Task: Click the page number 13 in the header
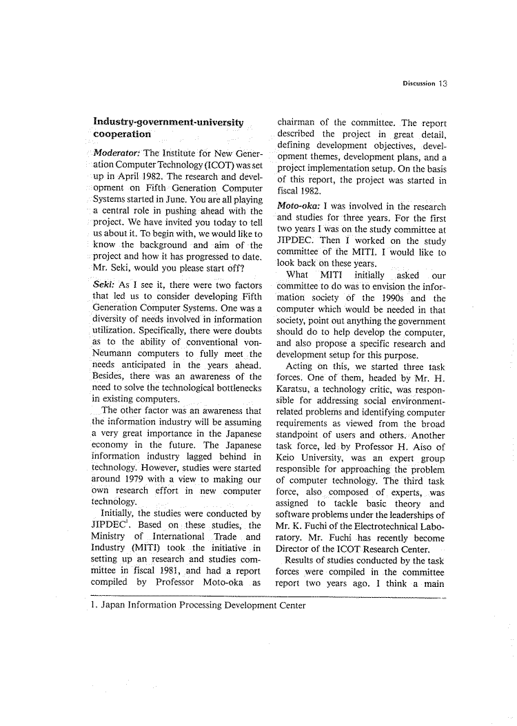[443, 83]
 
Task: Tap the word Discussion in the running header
[419, 84]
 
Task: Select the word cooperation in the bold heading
[121, 134]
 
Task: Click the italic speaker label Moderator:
[115, 153]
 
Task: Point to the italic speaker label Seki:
[103, 284]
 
